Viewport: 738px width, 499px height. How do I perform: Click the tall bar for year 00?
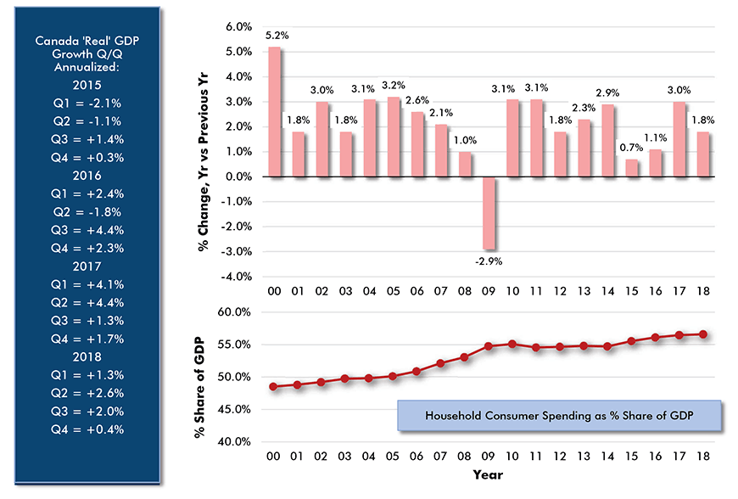click(x=275, y=112)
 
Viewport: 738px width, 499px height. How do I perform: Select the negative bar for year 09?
click(x=489, y=213)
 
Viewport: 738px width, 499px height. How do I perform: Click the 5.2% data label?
click(x=275, y=36)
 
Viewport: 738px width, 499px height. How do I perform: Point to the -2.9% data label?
click(x=489, y=261)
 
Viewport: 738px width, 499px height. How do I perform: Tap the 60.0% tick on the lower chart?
click(x=234, y=312)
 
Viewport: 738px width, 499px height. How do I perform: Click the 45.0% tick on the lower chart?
click(x=234, y=409)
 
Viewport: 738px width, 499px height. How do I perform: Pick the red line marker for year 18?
click(x=703, y=334)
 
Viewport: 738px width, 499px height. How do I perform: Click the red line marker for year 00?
click(x=274, y=386)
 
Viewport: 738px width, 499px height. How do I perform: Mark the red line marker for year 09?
click(x=489, y=346)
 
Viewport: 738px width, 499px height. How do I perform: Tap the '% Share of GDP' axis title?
click(x=198, y=377)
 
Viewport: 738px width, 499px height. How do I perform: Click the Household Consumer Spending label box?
click(x=558, y=416)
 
